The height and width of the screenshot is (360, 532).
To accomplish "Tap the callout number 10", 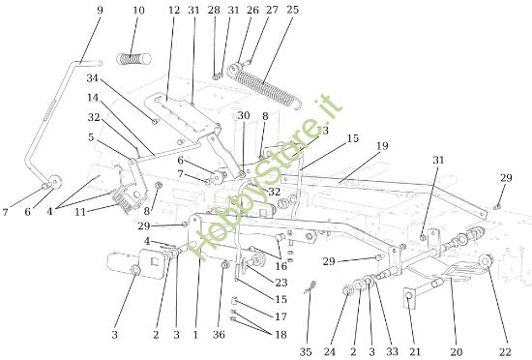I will [x=138, y=11].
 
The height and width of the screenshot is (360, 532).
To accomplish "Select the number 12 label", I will [x=174, y=11].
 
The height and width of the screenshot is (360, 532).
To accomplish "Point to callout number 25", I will [x=293, y=11].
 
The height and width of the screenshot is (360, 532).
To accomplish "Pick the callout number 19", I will [x=382, y=146].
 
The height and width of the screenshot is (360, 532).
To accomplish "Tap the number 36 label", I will [x=219, y=335].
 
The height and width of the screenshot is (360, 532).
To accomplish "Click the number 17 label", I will [x=281, y=315].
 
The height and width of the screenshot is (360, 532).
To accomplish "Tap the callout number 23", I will [x=281, y=283].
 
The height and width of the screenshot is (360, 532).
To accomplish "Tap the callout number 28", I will [x=213, y=11].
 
